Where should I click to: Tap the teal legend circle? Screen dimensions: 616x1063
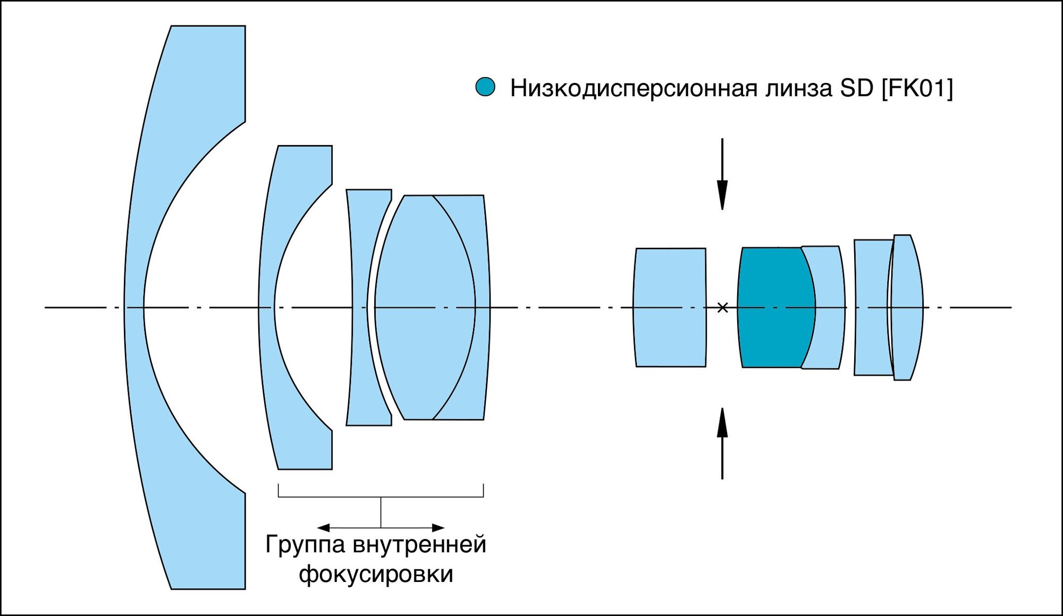pos(485,87)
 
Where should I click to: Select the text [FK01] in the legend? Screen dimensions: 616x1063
pos(917,88)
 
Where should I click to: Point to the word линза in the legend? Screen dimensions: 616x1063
pos(799,88)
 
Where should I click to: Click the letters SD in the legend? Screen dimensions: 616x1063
pos(856,88)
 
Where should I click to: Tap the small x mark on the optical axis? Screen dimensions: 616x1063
pos(722,307)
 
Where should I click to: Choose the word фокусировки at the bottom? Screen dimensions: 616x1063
pos(376,575)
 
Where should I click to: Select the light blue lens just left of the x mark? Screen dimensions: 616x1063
pos(670,307)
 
